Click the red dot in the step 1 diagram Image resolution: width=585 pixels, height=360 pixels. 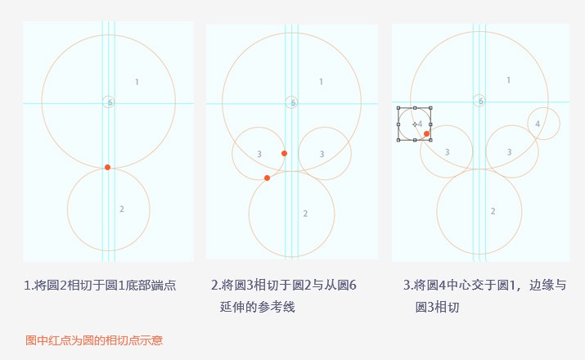click(x=107, y=167)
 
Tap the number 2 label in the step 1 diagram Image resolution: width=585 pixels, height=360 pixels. click(x=122, y=209)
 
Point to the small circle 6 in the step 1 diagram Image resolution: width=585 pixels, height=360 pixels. click(x=108, y=101)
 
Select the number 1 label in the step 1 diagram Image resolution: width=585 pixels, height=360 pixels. click(x=137, y=82)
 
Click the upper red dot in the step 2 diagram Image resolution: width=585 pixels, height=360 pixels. click(x=284, y=153)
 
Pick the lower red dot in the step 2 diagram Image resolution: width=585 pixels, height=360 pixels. click(x=267, y=178)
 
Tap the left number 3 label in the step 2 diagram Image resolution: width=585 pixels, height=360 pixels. click(x=259, y=154)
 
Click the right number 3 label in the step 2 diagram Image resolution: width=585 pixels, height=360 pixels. click(x=322, y=154)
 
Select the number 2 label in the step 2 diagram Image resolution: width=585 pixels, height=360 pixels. click(x=305, y=214)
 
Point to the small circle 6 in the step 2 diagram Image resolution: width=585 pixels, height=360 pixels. click(x=292, y=102)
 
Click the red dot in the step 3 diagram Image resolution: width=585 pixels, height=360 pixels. click(x=427, y=133)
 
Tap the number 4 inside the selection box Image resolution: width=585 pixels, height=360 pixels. click(x=420, y=124)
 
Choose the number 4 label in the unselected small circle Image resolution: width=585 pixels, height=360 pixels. click(x=538, y=124)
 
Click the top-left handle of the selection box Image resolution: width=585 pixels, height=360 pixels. click(x=398, y=108)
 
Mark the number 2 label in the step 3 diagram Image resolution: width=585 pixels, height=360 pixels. click(x=493, y=211)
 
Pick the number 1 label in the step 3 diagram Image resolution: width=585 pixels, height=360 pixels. click(x=508, y=80)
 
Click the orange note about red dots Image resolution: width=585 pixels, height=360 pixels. click(x=94, y=340)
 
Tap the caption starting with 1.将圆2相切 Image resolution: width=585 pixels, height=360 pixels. click(x=100, y=286)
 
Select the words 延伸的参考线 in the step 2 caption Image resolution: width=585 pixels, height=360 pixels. click(x=258, y=307)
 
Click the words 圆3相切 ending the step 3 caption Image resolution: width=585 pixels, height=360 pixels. click(x=437, y=307)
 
